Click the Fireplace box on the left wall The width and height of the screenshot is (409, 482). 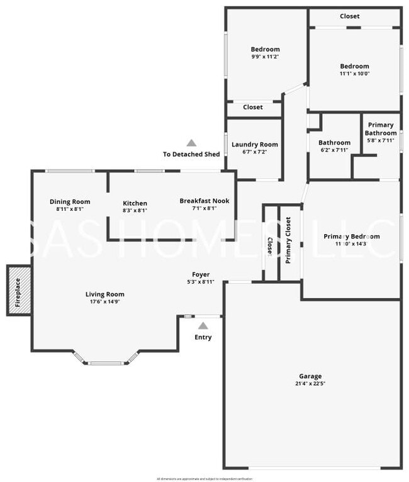point(18,289)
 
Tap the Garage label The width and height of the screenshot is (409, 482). point(310,376)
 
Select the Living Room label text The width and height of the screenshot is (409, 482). point(105,294)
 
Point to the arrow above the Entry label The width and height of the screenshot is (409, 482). point(203,325)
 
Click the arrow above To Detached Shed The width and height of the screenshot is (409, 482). point(191,143)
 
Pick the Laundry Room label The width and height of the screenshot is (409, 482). point(255,144)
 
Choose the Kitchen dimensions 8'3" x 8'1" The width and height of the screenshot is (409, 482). point(135,211)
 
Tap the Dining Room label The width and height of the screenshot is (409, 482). point(70,202)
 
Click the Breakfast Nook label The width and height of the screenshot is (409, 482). point(204,201)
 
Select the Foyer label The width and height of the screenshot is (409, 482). point(201,274)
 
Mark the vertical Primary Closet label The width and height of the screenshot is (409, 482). point(288,240)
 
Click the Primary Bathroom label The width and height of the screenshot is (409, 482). point(381,129)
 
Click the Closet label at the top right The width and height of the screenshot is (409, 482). point(350,16)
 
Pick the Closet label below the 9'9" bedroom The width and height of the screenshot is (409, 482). point(253,108)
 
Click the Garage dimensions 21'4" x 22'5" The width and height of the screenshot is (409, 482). point(310,383)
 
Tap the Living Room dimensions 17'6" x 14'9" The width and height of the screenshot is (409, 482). point(105,301)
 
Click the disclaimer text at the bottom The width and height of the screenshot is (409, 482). point(204,479)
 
